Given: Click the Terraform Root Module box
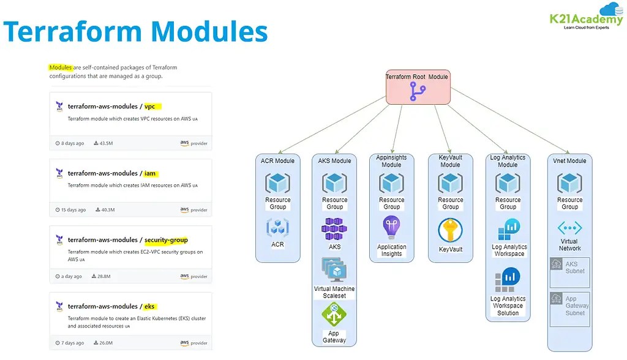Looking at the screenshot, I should coord(418,86).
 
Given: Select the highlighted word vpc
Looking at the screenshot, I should coord(150,107).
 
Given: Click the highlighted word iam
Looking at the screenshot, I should coord(151,173).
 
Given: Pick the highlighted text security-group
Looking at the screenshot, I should coord(166,240).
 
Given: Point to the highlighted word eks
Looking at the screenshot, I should coord(150,306).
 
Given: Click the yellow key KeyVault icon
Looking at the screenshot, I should coord(450,231).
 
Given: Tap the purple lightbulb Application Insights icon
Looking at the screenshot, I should coord(391,228).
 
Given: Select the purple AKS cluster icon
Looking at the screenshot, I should coord(334,229).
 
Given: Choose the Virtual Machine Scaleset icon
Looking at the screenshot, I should coord(334,270).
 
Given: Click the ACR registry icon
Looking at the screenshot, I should coord(277,228).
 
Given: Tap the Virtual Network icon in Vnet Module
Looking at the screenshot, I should coord(569,228).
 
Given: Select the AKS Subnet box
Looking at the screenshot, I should coord(569,272).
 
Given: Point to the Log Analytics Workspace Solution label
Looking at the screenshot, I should coord(508,306).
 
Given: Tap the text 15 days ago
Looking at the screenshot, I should coord(73,210).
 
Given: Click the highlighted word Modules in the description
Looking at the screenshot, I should coord(61,67).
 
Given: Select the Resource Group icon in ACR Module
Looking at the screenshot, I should coord(277,183).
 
